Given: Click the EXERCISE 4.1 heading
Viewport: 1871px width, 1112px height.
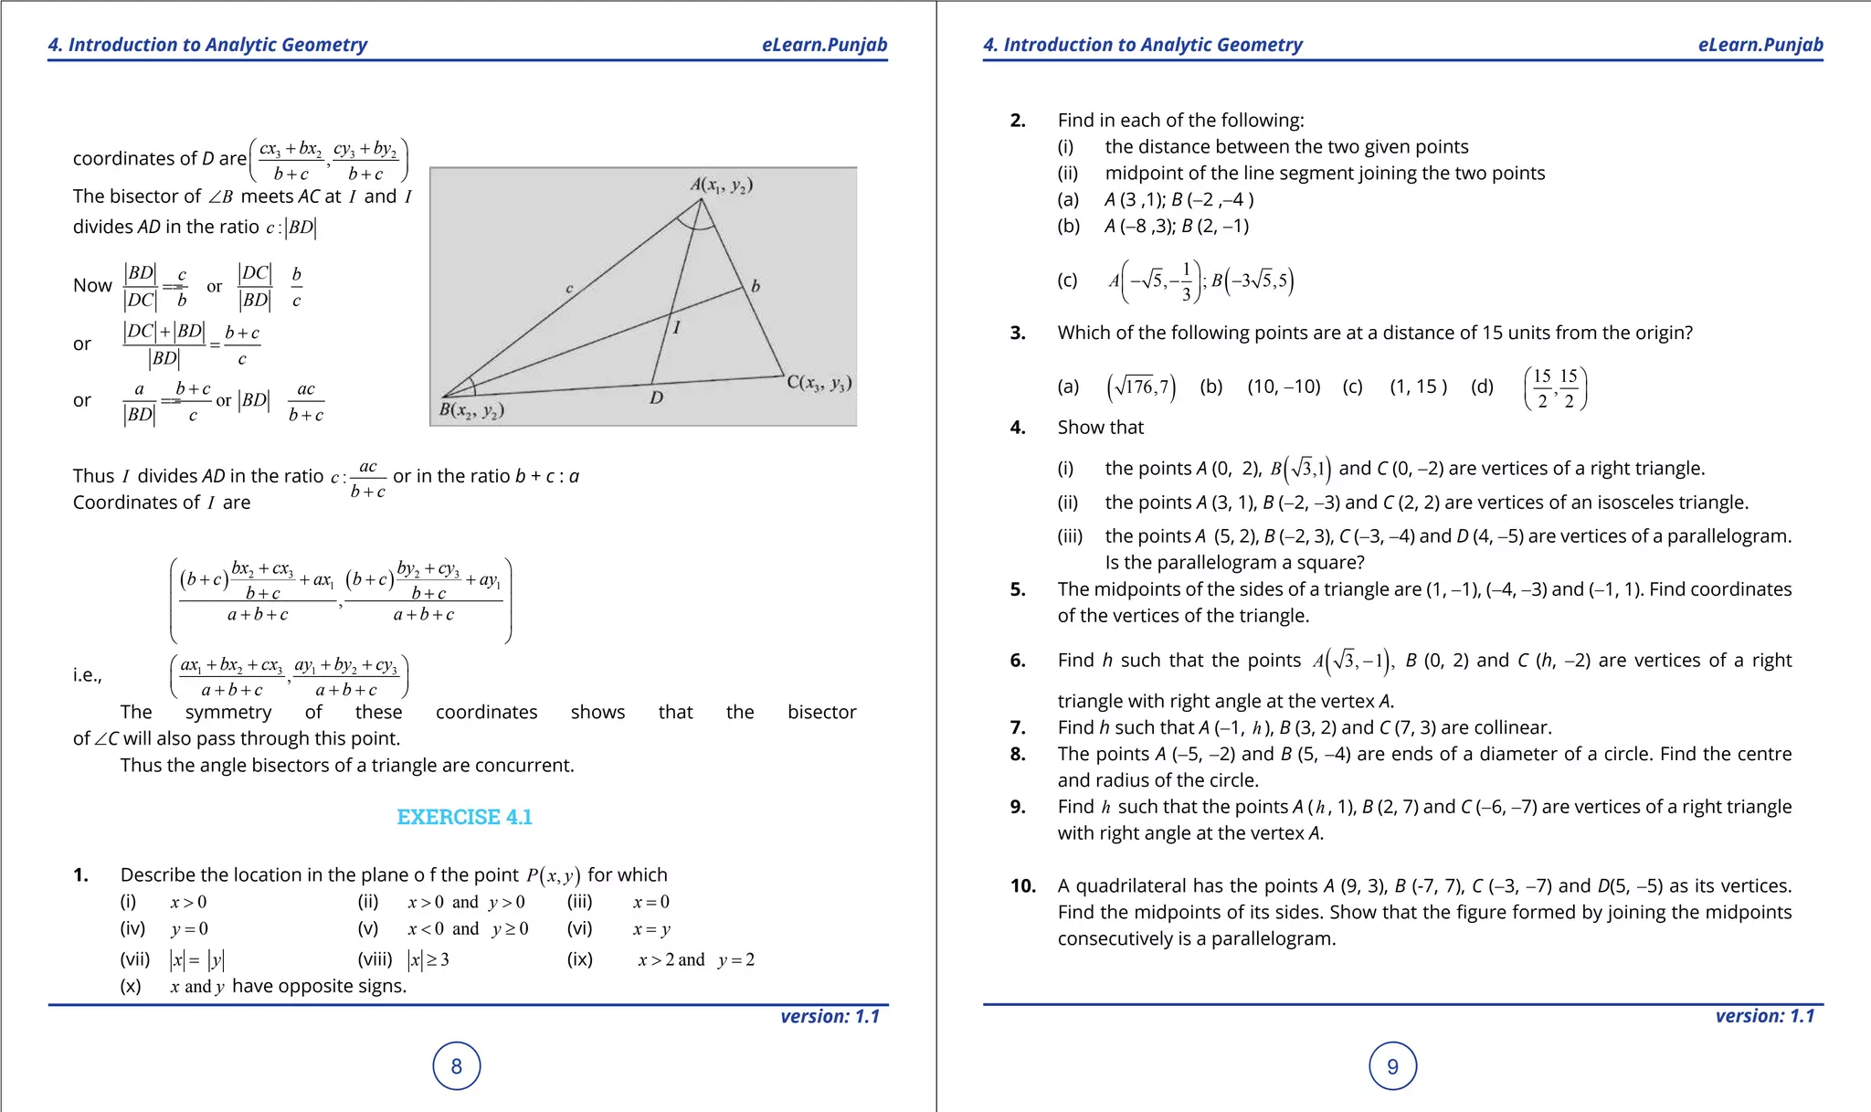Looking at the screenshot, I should coord(464,817).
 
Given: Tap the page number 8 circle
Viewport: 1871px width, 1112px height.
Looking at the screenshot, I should coord(457,1066).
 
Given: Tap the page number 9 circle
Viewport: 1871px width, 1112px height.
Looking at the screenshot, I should coord(1392,1066).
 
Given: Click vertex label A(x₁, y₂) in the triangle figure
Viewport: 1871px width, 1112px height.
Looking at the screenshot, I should coord(721,185).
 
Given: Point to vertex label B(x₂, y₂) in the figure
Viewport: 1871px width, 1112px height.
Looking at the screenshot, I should coord(471,410).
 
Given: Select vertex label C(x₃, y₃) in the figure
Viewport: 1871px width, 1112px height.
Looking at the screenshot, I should coord(819,383).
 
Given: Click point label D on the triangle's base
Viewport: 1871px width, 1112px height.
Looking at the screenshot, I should coord(656,398).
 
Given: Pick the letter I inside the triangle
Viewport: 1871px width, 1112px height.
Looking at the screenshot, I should coord(676,327).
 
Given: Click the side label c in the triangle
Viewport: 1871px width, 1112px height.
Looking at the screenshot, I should coord(568,289).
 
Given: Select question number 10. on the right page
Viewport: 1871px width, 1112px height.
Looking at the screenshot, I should coord(1022,885).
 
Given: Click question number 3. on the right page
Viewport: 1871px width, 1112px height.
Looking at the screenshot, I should coord(1018,333).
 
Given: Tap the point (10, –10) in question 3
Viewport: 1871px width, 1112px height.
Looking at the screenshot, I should coord(1284,387).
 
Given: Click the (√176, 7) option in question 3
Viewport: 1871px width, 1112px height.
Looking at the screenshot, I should coord(1141,387).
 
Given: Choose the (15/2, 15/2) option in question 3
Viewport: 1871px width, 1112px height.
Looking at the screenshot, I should coord(1555,388).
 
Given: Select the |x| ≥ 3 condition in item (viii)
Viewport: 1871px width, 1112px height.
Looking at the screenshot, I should coord(428,959).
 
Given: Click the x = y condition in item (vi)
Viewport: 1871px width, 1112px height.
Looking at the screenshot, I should coord(651,929).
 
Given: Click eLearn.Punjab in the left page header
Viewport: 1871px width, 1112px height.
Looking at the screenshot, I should coord(824,45).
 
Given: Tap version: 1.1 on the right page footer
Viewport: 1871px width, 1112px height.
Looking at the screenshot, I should coord(1764,1016).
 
